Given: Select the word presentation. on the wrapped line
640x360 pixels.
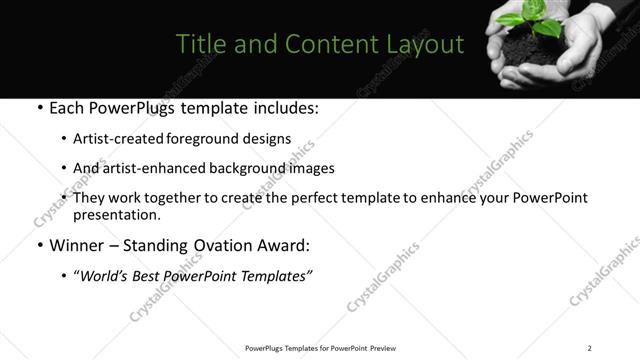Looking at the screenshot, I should pos(116,214).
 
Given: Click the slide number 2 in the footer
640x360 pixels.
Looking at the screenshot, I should pos(590,348).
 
